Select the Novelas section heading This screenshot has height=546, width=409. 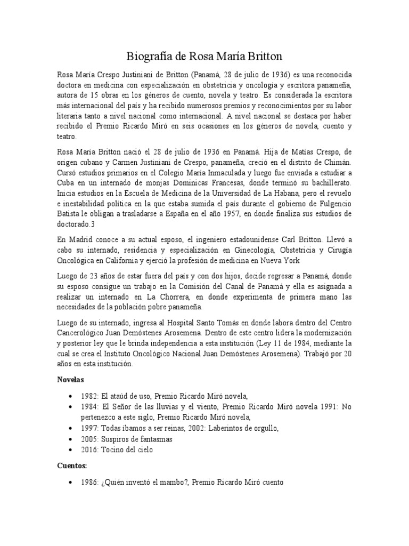click(72, 380)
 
